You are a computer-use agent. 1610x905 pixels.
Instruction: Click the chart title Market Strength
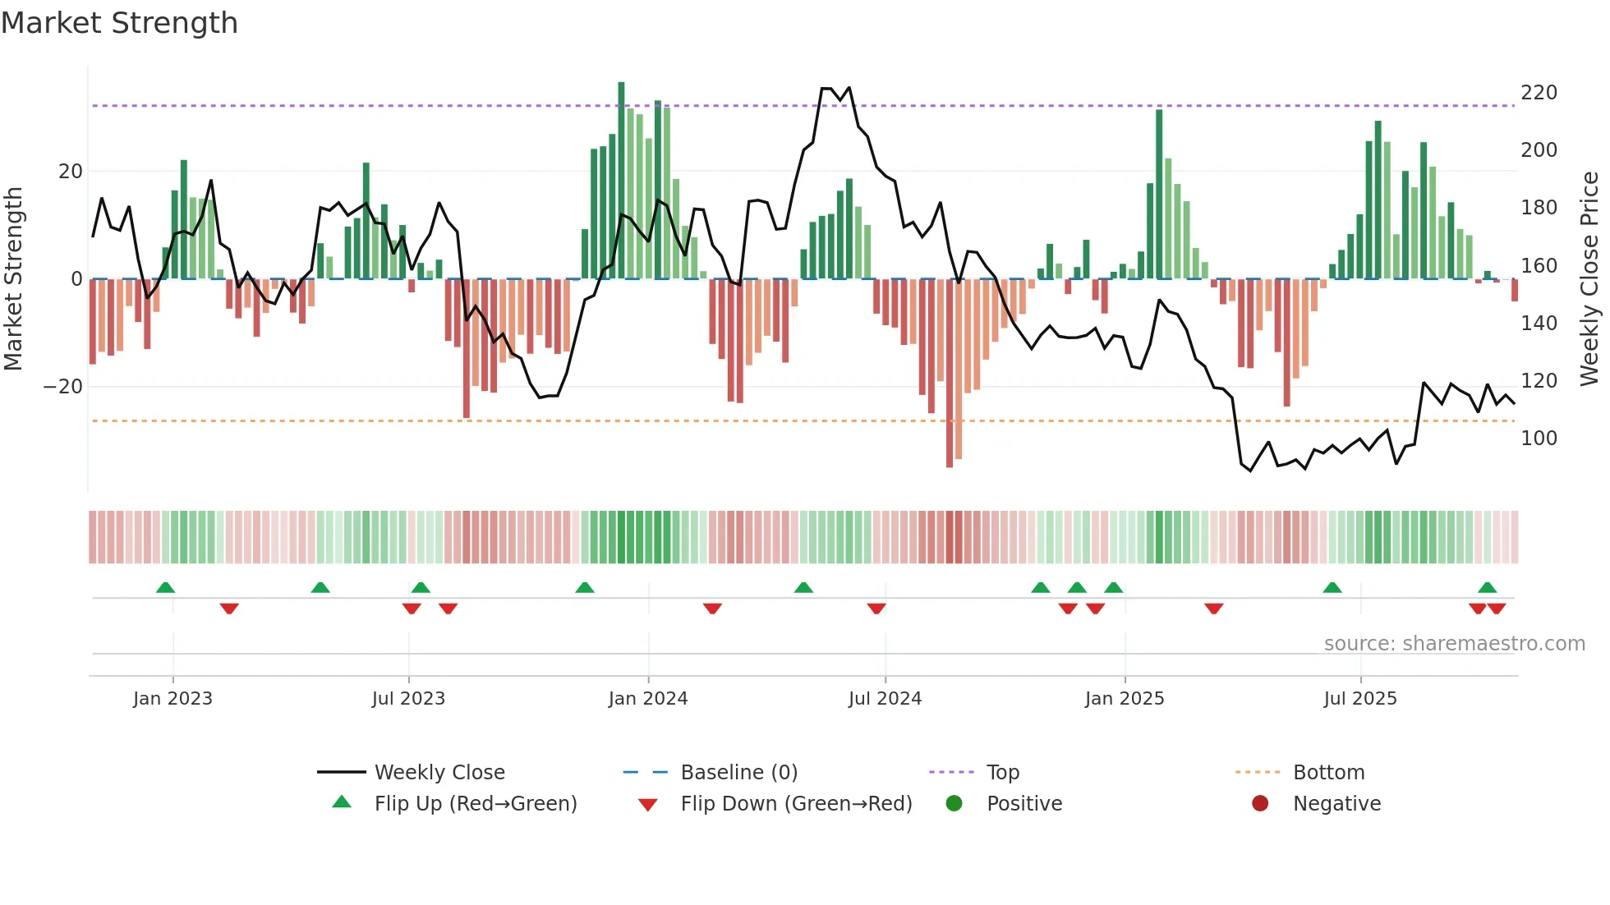119,23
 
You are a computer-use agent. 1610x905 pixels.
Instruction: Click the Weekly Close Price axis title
1589,278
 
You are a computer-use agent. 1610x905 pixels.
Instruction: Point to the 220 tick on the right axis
1539,93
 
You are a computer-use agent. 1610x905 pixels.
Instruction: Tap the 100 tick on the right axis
1539,439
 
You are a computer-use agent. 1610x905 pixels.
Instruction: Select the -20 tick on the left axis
63,387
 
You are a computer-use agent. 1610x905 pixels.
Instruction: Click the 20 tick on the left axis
71,172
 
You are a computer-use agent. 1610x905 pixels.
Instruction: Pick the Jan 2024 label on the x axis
648,699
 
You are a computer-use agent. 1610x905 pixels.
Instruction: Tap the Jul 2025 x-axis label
1360,699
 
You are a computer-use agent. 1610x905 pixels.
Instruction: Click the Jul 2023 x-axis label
408,699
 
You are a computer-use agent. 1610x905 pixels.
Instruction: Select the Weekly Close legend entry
439,773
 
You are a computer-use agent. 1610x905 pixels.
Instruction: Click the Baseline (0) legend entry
738,773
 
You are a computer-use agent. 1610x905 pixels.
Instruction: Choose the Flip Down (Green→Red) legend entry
795,804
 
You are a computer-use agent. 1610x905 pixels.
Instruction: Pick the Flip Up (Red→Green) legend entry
475,804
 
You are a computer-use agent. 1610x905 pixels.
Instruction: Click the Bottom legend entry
1328,773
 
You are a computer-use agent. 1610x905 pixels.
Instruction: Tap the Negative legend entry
1336,804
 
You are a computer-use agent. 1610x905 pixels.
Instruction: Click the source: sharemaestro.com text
1454,644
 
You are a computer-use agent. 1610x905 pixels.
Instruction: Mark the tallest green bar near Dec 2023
621,181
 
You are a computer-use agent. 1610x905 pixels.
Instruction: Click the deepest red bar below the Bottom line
950,374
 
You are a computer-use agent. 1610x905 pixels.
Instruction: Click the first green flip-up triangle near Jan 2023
165,587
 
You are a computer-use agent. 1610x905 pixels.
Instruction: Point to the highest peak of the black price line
826,89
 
